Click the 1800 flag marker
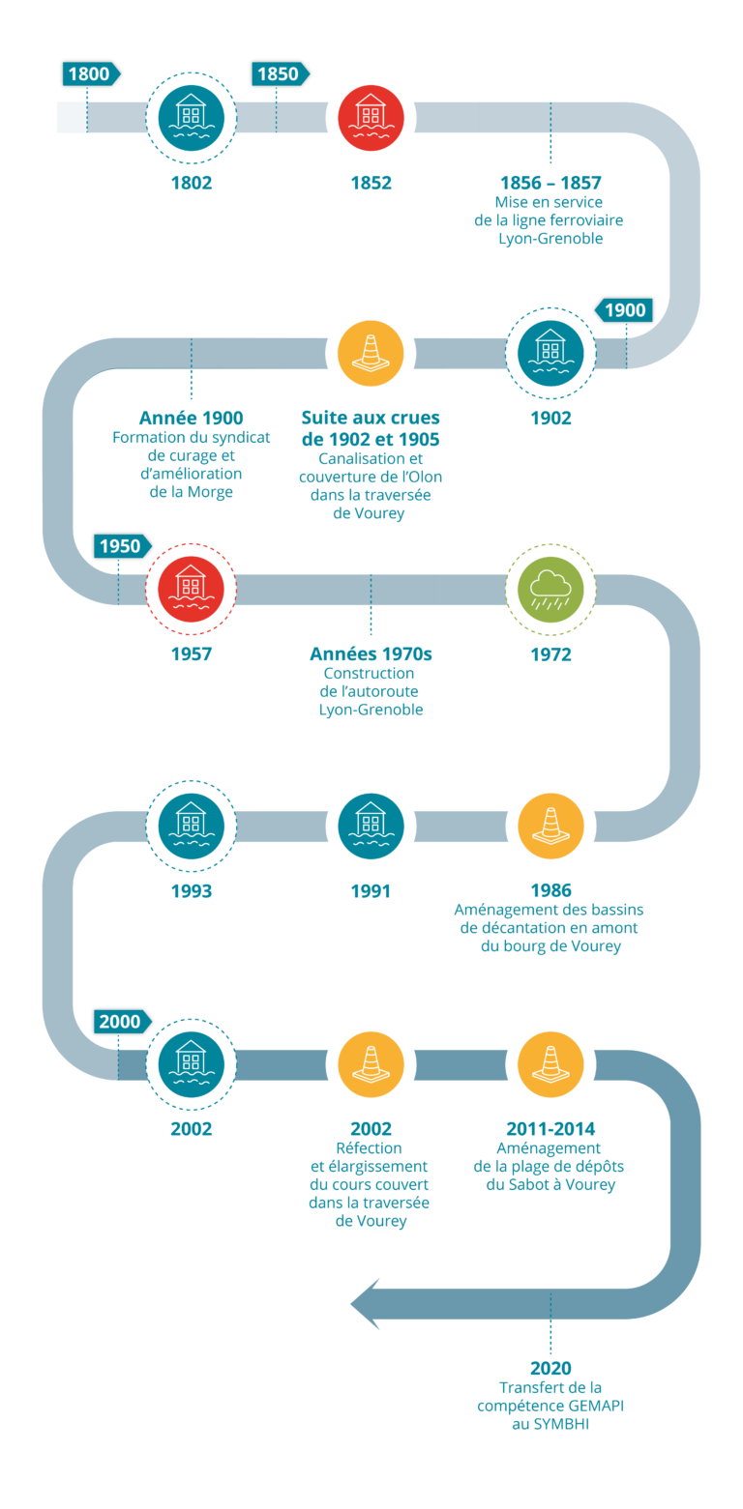[x=90, y=73]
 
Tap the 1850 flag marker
[x=279, y=73]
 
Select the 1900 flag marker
[x=625, y=310]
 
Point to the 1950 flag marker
[x=122, y=546]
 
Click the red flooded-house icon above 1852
[x=371, y=117]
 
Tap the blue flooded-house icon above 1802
[x=191, y=117]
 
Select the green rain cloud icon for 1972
[x=550, y=589]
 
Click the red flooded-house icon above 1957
[x=191, y=589]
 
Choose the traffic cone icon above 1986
[x=550, y=826]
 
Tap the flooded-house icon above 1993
[x=191, y=826]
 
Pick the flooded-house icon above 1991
[x=371, y=826]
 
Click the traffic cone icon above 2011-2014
[x=550, y=1062]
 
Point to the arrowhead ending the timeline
[x=366, y=1304]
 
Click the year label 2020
[x=550, y=1368]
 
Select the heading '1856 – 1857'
[x=550, y=183]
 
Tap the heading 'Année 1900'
[x=191, y=419]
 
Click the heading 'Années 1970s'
[x=371, y=654]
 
